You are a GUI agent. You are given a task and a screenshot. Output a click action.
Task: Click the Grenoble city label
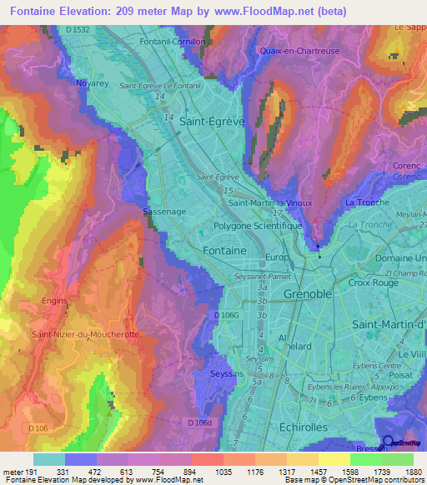click(x=308, y=294)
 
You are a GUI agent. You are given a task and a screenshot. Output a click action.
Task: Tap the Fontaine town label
click(x=224, y=250)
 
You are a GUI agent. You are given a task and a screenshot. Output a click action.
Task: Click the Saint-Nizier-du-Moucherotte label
click(x=85, y=334)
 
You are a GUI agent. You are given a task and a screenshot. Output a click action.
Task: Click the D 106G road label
click(x=226, y=315)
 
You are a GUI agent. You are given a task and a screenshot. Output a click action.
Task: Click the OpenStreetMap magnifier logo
click(x=388, y=442)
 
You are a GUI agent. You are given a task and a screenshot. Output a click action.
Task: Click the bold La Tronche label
click(x=362, y=202)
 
